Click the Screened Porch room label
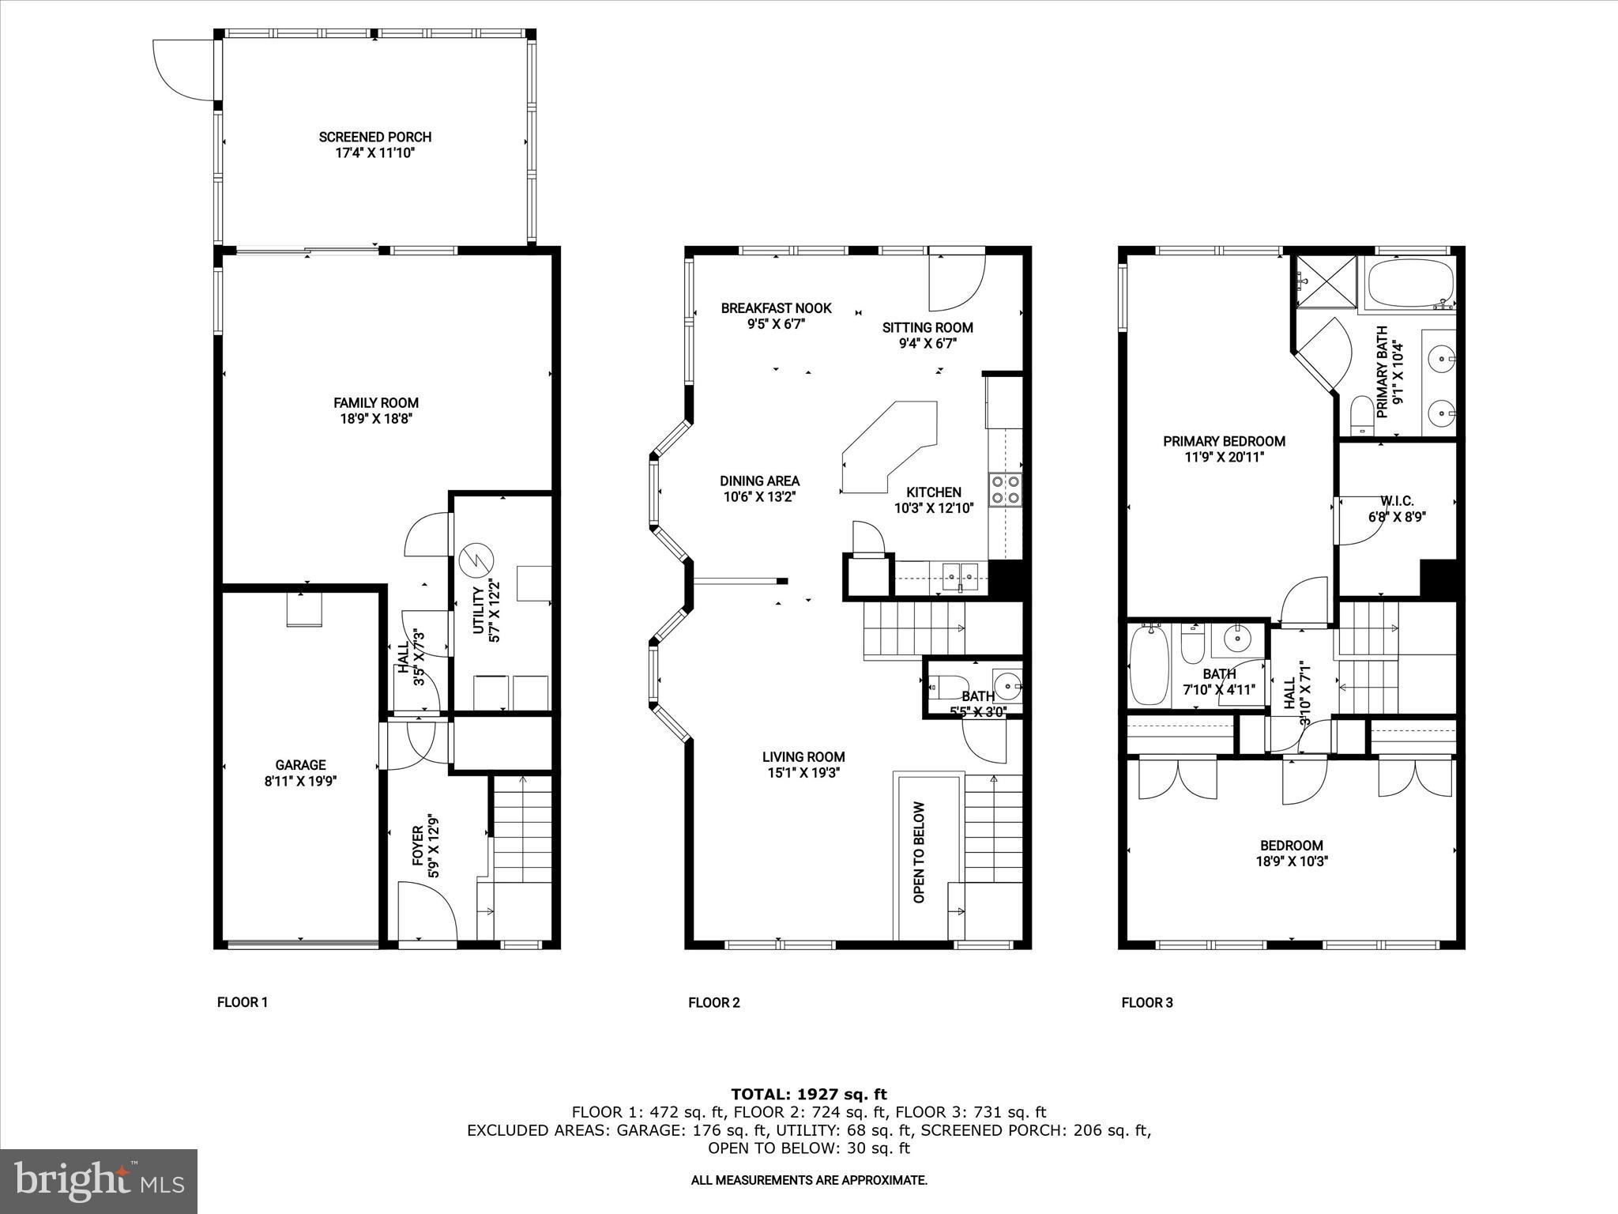tap(374, 137)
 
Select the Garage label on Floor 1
tap(300, 764)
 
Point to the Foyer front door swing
tap(427, 911)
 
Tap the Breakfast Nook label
tap(776, 307)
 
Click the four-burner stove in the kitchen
tap(1004, 488)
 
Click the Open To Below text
tap(919, 853)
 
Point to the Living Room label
tap(803, 756)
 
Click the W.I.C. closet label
tap(1396, 501)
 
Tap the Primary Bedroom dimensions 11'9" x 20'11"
tap(1224, 457)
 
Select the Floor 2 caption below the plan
tap(713, 1003)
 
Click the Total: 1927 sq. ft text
tap(808, 1094)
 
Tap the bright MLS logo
tap(99, 1181)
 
